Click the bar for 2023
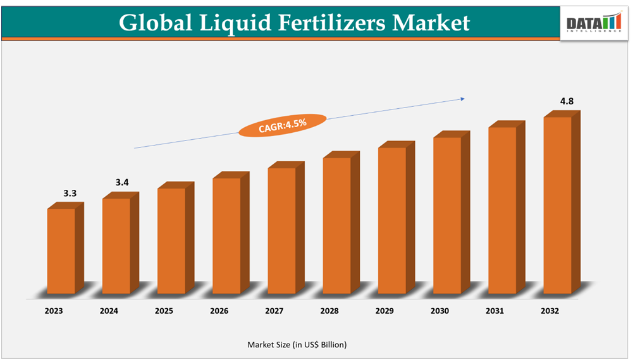tap(61, 251)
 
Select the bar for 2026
tap(226, 236)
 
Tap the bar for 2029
tap(392, 221)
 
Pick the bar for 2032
tap(557, 206)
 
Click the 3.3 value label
tap(70, 193)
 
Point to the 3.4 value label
tap(122, 183)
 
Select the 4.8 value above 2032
tap(567, 101)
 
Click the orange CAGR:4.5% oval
tap(283, 124)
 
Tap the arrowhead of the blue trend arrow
tap(463, 99)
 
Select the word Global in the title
tap(155, 23)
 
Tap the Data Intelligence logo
tap(593, 23)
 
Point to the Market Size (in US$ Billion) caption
tap(297, 344)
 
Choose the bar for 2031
tap(502, 211)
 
